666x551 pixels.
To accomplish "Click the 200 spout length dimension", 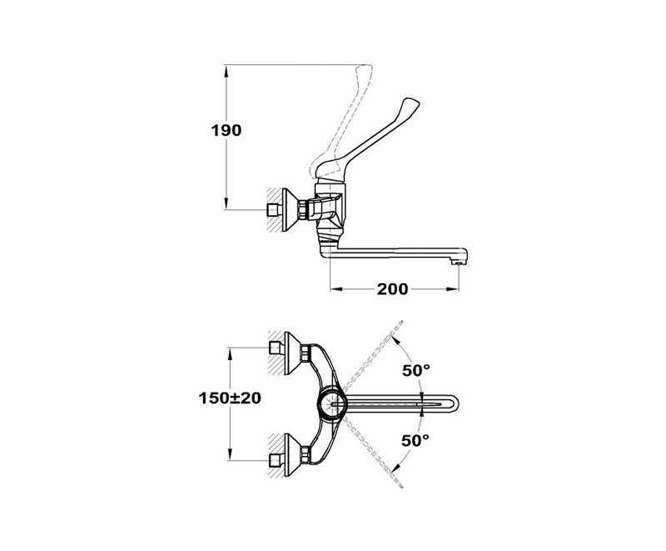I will (391, 289).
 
